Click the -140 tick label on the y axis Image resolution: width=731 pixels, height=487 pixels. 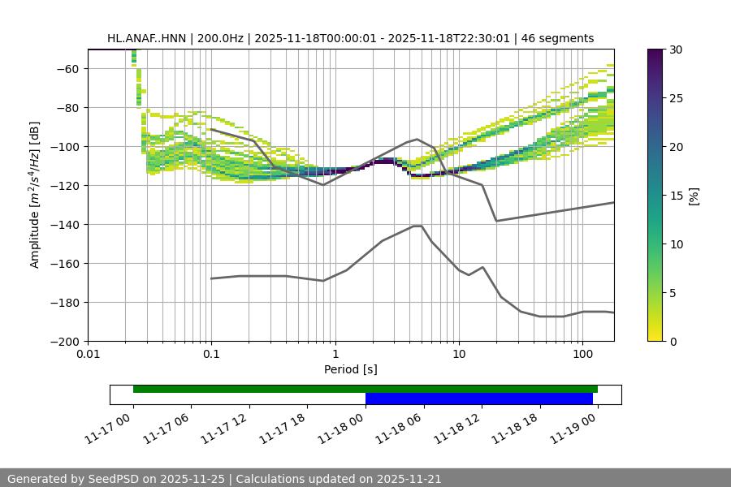click(65, 224)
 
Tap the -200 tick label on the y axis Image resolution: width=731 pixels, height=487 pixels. click(65, 341)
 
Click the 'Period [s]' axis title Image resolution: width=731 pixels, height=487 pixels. click(351, 369)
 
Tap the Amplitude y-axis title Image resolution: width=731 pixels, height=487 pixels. click(35, 195)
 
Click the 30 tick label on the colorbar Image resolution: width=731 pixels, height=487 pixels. click(675, 50)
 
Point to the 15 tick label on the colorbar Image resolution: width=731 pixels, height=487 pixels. click(675, 196)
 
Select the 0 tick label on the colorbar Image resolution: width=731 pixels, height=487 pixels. click(672, 341)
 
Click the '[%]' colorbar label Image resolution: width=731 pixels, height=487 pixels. click(694, 195)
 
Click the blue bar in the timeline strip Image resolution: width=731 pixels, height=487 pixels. click(478, 399)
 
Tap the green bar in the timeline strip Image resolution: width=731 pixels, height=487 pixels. click(365, 389)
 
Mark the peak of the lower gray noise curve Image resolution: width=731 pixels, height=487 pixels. click(417, 226)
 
